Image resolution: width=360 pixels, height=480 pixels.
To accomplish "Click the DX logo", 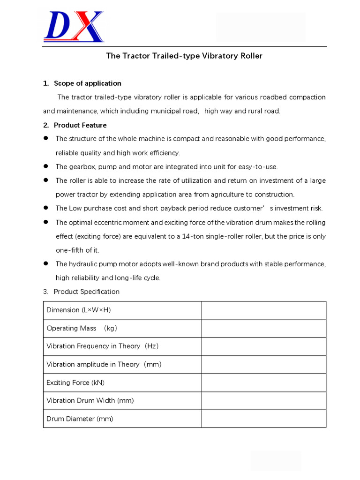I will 74,27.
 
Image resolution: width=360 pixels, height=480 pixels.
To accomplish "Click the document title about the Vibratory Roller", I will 184,56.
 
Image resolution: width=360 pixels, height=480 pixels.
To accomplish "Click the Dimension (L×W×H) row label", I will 79,310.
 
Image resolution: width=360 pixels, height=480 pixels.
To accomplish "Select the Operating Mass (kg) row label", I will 81,328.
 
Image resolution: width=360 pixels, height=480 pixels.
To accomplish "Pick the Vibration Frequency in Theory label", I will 103,346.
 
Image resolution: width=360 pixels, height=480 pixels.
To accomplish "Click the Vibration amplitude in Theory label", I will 104,364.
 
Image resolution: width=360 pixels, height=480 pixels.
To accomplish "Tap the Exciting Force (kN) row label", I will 75,382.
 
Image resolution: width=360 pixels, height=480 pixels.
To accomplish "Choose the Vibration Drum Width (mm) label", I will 90,400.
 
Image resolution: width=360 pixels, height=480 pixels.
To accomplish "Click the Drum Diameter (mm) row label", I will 80,419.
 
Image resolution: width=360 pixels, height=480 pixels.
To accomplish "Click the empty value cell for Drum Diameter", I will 263,419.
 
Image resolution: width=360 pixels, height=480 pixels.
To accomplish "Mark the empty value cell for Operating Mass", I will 263,328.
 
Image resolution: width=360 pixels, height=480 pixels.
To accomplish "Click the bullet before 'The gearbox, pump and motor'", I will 46,166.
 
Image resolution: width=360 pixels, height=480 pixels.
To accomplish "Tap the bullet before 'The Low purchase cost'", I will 46,208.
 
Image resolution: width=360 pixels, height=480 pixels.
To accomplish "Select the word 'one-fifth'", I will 71,250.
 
